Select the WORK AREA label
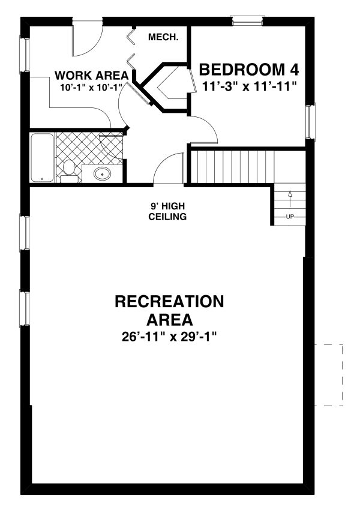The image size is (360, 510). coord(91,76)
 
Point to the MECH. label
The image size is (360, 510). coord(163,37)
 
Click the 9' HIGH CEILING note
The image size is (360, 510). coord(167,211)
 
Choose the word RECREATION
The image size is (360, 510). coord(169,301)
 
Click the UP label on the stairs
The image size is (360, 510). coord(290,216)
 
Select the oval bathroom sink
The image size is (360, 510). coord(103,175)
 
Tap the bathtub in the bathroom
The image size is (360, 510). coord(41,157)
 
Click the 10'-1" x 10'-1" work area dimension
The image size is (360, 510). coord(91,88)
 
